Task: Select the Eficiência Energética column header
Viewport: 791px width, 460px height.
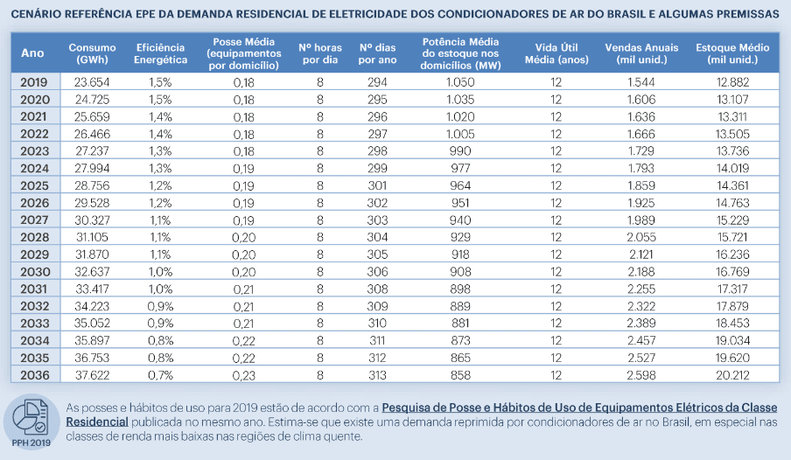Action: click(x=161, y=52)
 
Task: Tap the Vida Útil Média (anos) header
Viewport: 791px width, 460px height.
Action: click(x=556, y=52)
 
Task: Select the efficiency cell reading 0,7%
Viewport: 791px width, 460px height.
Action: click(x=161, y=375)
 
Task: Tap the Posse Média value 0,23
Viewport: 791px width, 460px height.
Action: click(x=242, y=375)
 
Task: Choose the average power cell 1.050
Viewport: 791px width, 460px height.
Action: click(x=459, y=81)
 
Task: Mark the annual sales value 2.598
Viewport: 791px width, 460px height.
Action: click(x=642, y=375)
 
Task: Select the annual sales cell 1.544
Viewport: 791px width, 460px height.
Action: click(x=642, y=81)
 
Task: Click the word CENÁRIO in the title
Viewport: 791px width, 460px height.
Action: click(x=38, y=15)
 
